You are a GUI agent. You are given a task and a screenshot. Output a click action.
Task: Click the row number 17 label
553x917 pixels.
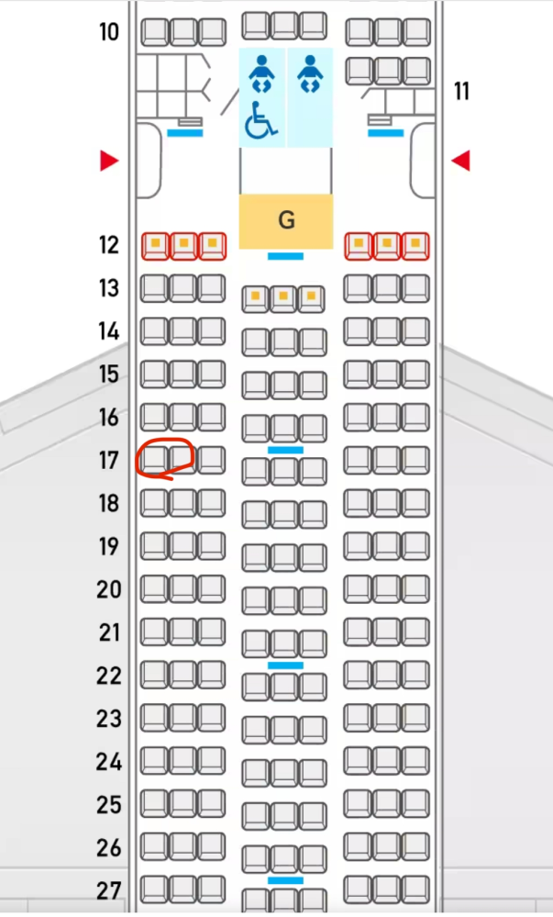(x=109, y=460)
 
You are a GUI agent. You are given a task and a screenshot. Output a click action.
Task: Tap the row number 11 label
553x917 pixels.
(x=462, y=91)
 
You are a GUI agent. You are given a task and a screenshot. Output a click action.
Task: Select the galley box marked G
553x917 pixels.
(x=286, y=221)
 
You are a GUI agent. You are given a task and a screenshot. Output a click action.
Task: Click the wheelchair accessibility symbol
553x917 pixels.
(x=260, y=120)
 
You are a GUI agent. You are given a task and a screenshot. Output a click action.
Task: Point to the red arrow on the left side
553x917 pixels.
(x=109, y=161)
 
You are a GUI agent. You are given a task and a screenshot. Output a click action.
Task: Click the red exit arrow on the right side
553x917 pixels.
(x=460, y=161)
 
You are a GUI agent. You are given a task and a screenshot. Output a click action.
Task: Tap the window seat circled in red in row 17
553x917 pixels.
(x=154, y=460)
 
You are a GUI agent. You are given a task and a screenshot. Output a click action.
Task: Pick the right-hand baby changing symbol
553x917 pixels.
(x=310, y=73)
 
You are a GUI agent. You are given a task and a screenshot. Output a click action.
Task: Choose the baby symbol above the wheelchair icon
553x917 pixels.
(x=261, y=73)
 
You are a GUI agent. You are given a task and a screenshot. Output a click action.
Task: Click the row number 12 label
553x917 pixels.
(x=109, y=245)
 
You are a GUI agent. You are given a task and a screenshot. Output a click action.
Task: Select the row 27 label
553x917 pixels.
(x=109, y=890)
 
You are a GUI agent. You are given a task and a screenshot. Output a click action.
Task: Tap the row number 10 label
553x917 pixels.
(x=109, y=31)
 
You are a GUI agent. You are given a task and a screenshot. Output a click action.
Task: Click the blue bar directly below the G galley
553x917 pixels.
(x=285, y=256)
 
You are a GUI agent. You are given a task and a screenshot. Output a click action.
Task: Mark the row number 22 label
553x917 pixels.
(x=109, y=676)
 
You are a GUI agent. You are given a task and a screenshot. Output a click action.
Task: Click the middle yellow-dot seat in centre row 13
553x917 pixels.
(x=283, y=298)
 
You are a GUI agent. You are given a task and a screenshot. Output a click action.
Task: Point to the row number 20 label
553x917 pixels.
(x=109, y=589)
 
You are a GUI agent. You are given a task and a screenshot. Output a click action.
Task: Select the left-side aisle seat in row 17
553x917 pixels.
(x=212, y=460)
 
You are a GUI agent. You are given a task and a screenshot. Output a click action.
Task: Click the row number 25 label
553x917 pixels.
(x=109, y=805)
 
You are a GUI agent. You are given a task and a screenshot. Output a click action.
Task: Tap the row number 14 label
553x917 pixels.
(x=109, y=331)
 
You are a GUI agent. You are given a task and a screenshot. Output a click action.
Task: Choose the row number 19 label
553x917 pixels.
(x=109, y=546)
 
